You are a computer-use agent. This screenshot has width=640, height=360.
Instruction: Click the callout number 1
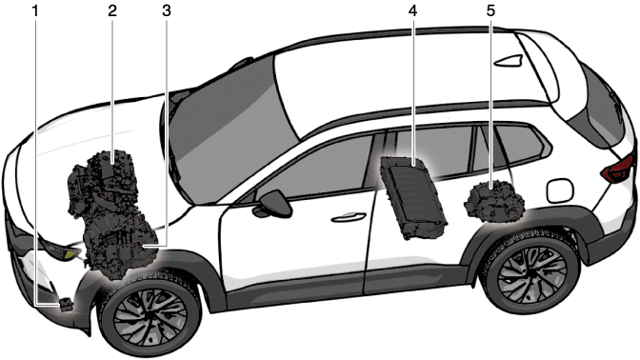pyautogui.click(x=35, y=11)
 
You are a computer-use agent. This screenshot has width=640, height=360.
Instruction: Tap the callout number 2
pyautogui.click(x=112, y=11)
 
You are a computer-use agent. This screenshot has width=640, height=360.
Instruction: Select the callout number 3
pyautogui.click(x=166, y=11)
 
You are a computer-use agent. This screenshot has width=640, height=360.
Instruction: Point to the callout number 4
pyautogui.click(x=412, y=11)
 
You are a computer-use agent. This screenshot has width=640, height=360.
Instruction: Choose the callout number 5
pyautogui.click(x=490, y=11)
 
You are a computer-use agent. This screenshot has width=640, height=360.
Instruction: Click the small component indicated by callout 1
pyautogui.click(x=66, y=304)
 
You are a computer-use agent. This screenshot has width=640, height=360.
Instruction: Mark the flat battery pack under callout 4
pyautogui.click(x=413, y=197)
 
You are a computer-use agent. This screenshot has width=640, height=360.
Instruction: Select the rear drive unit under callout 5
pyautogui.click(x=494, y=202)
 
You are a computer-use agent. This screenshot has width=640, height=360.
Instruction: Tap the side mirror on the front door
pyautogui.click(x=274, y=203)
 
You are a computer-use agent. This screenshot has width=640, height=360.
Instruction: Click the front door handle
pyautogui.click(x=349, y=217)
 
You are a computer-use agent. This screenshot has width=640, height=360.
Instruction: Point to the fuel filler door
pyautogui.click(x=560, y=190)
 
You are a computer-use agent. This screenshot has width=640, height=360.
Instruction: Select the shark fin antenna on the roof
pyautogui.click(x=509, y=60)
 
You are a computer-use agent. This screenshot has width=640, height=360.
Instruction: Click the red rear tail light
pyautogui.click(x=617, y=169)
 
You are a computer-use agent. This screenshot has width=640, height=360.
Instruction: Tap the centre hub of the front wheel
pyautogui.click(x=151, y=315)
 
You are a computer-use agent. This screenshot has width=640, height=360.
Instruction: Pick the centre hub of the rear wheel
pyautogui.click(x=530, y=270)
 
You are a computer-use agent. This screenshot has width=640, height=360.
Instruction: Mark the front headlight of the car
pyautogui.click(x=59, y=250)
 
